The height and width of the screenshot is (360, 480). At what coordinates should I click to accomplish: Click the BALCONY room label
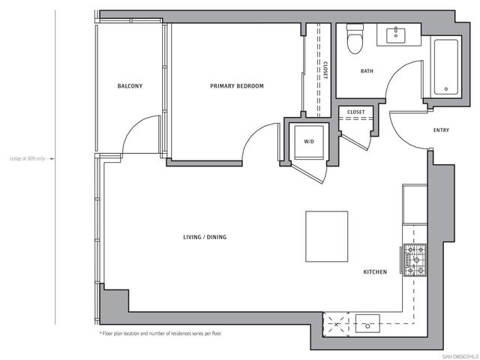pos(130,86)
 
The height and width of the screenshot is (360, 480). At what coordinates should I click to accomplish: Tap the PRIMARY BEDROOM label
pos(237,86)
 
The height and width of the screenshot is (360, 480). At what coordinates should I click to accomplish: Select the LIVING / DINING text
pos(205,238)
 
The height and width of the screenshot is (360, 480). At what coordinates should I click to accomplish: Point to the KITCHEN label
pos(375,271)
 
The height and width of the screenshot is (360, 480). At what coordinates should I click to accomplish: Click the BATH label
pos(367,72)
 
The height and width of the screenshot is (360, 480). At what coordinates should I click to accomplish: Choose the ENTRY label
pos(442,130)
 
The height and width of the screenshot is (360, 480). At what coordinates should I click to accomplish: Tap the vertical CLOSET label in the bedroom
pos(325,70)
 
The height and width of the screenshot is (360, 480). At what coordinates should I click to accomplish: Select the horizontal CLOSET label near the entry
pos(356,112)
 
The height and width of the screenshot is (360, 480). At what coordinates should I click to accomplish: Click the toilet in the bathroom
pos(355,39)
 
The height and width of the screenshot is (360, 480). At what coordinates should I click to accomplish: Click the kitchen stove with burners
pos(414,259)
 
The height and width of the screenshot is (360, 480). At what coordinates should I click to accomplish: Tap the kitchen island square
pos(326,235)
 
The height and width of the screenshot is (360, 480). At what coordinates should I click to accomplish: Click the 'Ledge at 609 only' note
pos(28,158)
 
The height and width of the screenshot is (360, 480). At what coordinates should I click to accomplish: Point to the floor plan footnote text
pos(160,333)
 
